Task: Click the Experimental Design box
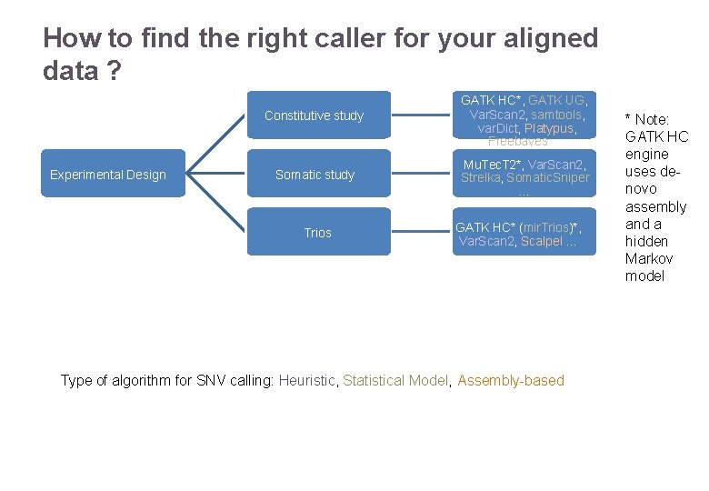(108, 175)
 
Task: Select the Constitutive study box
(314, 115)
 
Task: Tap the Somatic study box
(315, 175)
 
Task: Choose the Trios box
(317, 233)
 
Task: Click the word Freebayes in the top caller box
(517, 141)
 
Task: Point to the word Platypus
(549, 128)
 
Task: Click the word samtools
(556, 115)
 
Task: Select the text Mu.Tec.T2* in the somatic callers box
(492, 165)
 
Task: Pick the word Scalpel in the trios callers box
(542, 241)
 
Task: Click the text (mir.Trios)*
(550, 226)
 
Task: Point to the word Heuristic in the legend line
(307, 380)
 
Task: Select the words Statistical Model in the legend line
(395, 380)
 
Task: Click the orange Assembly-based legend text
(511, 380)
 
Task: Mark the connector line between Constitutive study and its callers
(422, 115)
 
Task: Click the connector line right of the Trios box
(422, 233)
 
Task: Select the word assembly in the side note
(655, 206)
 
